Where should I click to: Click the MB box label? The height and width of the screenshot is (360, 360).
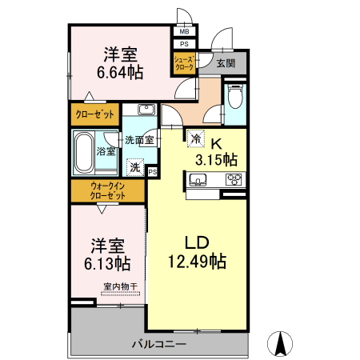coord(184,32)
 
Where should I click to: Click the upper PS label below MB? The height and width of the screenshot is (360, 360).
coord(184,44)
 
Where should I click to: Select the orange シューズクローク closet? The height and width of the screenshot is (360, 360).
coord(184,63)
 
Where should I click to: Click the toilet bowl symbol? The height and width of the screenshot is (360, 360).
coord(234,100)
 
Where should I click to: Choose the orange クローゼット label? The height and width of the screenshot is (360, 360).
coord(94,114)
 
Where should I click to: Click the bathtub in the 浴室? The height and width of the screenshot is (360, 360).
coord(85,152)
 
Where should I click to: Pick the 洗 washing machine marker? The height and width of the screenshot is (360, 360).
coord(135,167)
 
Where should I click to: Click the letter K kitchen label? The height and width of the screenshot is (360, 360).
coord(216,143)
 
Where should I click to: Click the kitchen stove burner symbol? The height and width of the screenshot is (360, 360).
coord(234,179)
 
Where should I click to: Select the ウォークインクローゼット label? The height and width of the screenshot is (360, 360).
coord(107,190)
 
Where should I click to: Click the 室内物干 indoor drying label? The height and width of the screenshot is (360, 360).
coord(120,286)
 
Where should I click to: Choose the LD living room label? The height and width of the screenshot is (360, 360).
coord(196,242)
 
